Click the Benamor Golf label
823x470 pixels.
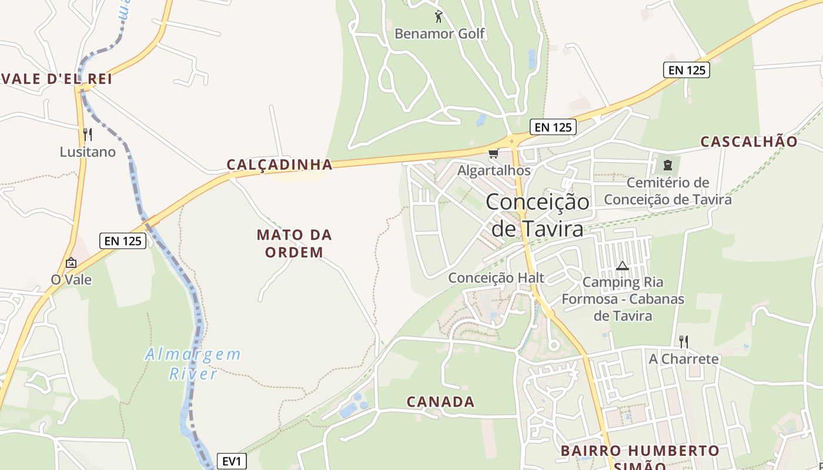coord(439,33)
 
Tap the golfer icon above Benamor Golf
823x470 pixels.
coord(438,16)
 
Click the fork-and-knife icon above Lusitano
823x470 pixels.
coord(88,135)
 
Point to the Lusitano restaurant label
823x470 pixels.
coord(88,152)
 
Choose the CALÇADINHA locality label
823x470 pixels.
coord(280,164)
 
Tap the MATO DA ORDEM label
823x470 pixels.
coord(294,243)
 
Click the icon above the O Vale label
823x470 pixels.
coord(71,263)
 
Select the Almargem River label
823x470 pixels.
coord(193,364)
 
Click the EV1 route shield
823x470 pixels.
coord(232,462)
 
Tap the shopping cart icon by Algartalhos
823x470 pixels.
coord(493,154)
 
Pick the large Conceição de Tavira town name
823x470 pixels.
coord(537,215)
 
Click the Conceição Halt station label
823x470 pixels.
coord(496,277)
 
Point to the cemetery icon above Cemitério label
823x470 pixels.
coord(667,165)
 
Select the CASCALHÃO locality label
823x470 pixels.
coord(749,142)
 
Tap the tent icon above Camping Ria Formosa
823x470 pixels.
coord(622,266)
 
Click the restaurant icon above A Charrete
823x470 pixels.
coord(683,341)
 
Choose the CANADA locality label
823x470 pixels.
coord(440,402)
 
